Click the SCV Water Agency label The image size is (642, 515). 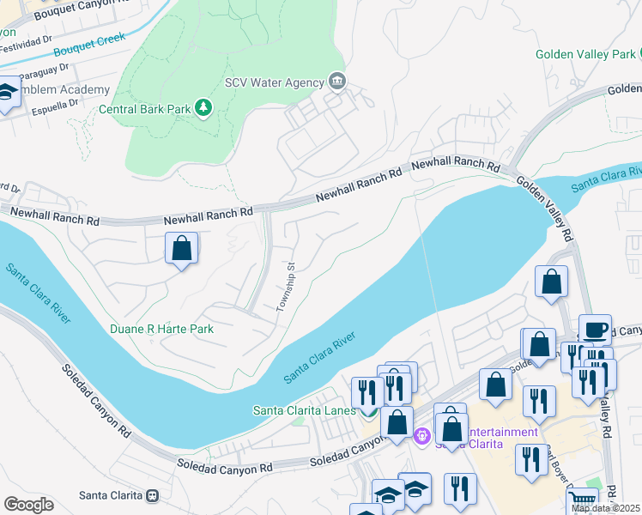coord(274,82)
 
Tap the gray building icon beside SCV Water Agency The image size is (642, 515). coord(336,82)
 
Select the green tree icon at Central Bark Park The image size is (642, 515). coord(203,108)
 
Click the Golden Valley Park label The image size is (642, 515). coord(584,54)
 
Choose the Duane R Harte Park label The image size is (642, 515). coord(161,329)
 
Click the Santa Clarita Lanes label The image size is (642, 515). coord(304,410)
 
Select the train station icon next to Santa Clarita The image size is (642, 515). coord(153,495)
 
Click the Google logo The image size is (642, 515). coord(28,505)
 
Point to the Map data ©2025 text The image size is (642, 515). coord(606,508)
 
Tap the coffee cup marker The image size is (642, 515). coord(594,329)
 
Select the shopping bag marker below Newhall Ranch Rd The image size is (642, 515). coord(181,249)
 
